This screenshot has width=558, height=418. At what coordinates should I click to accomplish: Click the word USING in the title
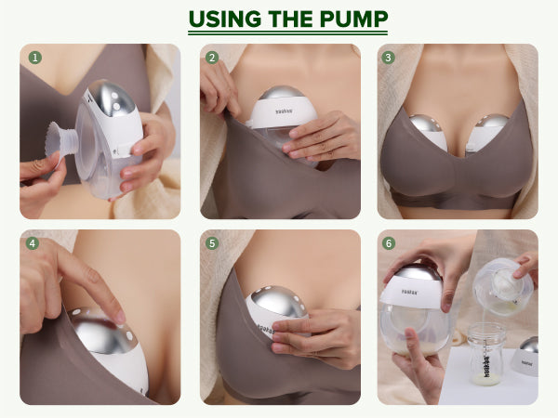(225, 19)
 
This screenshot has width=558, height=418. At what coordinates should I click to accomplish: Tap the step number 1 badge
(35, 58)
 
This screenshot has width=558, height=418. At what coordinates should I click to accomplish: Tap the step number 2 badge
(212, 58)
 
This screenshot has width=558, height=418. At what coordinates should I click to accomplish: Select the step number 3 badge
(388, 58)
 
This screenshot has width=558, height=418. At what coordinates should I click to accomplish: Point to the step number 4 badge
(33, 243)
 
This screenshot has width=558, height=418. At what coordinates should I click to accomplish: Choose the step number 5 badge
(212, 243)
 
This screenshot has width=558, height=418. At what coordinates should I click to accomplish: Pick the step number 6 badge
(388, 243)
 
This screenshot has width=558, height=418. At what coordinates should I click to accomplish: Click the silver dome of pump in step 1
(113, 98)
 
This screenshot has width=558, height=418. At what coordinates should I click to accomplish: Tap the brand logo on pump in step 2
(284, 111)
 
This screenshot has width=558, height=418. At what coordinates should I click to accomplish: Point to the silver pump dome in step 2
(281, 92)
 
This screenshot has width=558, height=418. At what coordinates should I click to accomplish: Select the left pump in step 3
(428, 131)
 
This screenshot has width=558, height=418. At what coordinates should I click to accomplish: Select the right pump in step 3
(487, 132)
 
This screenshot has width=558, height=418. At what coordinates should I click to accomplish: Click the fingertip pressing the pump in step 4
(119, 317)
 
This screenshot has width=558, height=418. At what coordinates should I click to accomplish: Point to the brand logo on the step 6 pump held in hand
(410, 292)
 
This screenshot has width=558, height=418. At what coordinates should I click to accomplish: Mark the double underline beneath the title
(288, 33)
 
